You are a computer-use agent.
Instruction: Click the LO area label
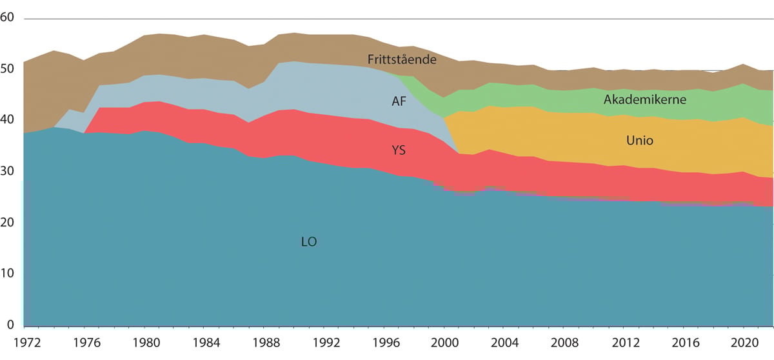310,243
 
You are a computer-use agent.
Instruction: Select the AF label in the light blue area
400,101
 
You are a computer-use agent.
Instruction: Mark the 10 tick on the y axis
8,274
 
